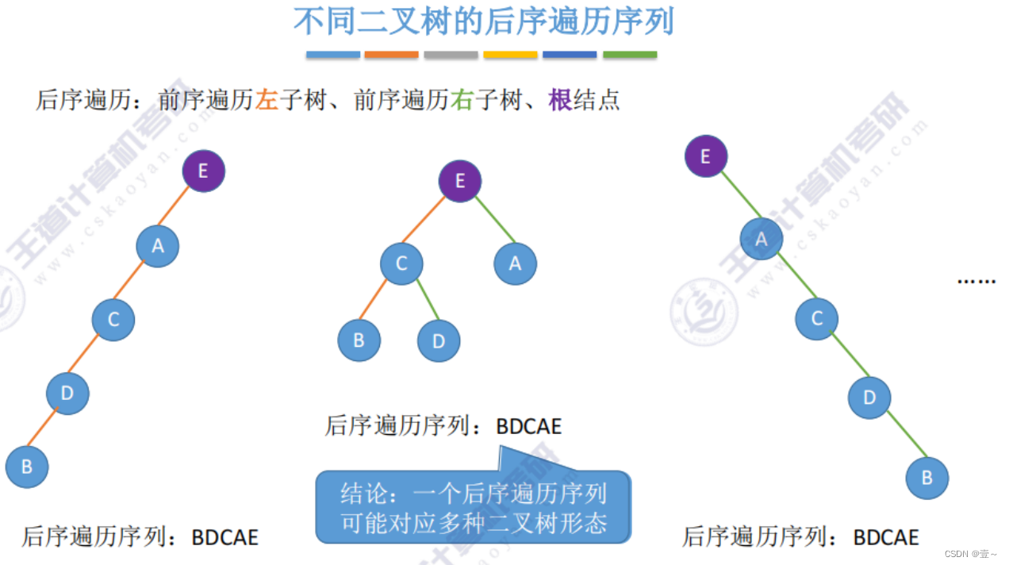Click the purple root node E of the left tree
pos(204,171)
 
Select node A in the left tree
pos(158,246)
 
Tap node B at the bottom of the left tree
pos(27,467)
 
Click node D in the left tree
pos(67,393)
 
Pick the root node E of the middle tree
pos(460,181)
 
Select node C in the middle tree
pos(401,263)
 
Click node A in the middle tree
pos(516,263)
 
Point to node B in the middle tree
pos(359,340)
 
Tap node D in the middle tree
pos(439,340)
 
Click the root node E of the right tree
pos(706,156)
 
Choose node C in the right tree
pos(817,319)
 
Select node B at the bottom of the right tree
pos(927,478)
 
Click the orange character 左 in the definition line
pos(267,101)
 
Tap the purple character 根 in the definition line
pos(560,101)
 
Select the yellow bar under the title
pos(510,55)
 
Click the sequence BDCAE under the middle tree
pos(529,426)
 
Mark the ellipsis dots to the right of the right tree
pos(976,280)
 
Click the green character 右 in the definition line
pos(462,101)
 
